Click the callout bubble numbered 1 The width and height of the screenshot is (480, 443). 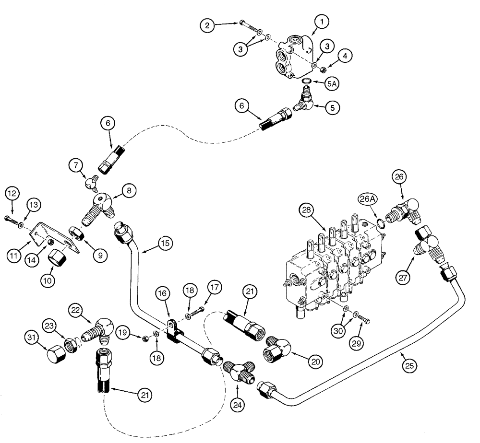click(321, 22)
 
